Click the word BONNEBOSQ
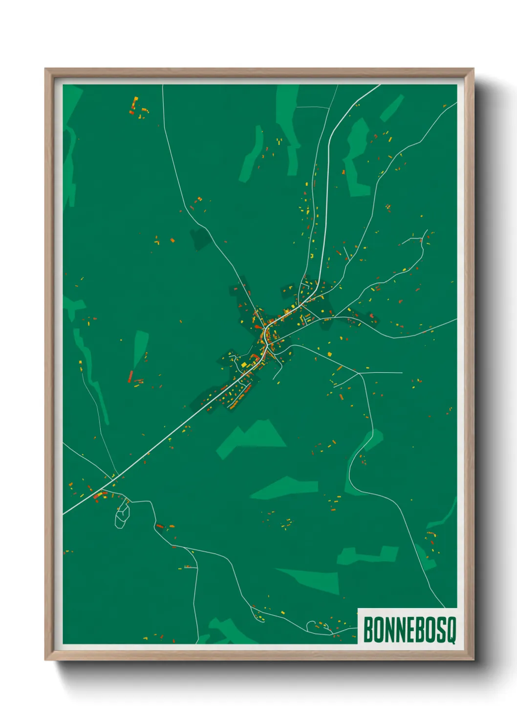(x=409, y=630)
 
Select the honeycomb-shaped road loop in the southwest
(x=122, y=516)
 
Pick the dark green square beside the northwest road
(x=200, y=239)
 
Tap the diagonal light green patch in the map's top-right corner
(x=392, y=108)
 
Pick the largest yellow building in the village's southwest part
(x=244, y=364)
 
